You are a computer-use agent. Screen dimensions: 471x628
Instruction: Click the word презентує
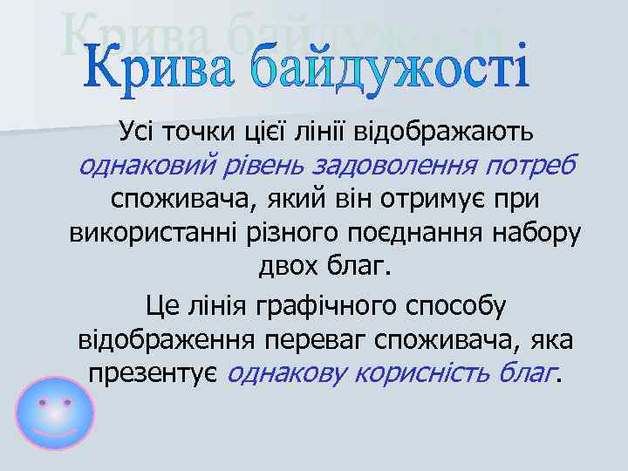coord(154,373)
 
